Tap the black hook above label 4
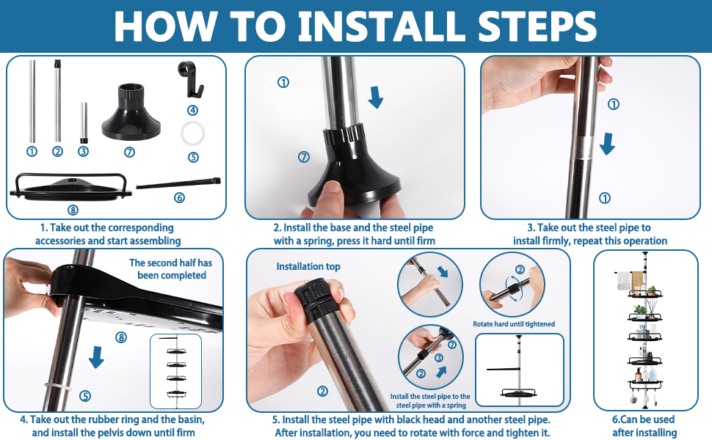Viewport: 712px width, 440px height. (190, 79)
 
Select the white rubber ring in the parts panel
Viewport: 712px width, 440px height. (192, 133)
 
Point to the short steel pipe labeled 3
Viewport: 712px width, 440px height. (84, 123)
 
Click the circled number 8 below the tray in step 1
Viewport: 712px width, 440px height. (73, 210)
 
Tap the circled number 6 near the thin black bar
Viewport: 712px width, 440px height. (179, 198)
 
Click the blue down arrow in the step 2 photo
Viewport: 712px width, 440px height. (376, 97)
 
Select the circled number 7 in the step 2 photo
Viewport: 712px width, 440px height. (304, 157)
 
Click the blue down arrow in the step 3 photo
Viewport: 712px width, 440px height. (607, 144)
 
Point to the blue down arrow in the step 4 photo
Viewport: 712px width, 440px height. (96, 357)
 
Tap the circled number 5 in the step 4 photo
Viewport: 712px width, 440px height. (85, 396)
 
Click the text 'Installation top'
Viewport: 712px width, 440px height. (308, 267)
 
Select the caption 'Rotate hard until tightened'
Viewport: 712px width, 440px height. (514, 324)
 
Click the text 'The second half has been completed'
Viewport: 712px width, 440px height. (171, 269)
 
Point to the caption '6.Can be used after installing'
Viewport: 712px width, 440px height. (644, 426)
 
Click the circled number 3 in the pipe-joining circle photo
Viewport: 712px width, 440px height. (439, 358)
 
